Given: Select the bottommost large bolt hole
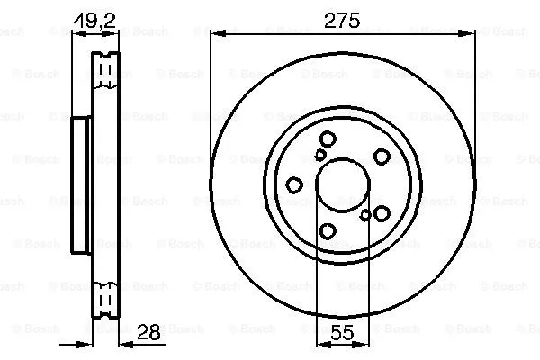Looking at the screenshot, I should pyautogui.click(x=328, y=231).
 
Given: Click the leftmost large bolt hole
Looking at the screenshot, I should pyautogui.click(x=294, y=185).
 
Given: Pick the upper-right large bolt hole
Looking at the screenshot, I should pyautogui.click(x=382, y=156).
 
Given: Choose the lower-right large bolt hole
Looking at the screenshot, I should pyautogui.click(x=382, y=213).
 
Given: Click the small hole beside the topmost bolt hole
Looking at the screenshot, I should pyautogui.click(x=320, y=155).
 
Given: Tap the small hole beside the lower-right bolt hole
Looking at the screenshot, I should pyautogui.click(x=364, y=214).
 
